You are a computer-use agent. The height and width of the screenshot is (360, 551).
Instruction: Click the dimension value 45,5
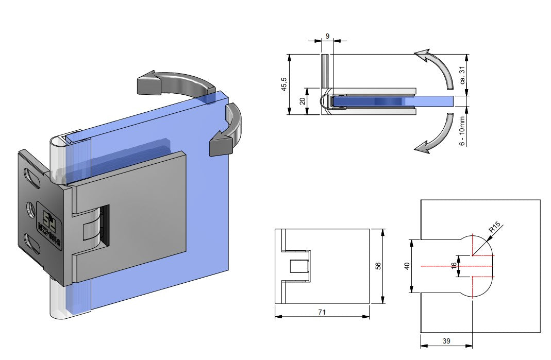(283, 84)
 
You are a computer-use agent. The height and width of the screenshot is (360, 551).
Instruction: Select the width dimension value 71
(322, 312)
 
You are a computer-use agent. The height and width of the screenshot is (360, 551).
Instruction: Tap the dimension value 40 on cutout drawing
(407, 266)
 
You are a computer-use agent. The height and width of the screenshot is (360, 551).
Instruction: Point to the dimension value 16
(454, 266)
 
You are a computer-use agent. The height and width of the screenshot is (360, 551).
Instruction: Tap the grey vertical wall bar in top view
(325, 71)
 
